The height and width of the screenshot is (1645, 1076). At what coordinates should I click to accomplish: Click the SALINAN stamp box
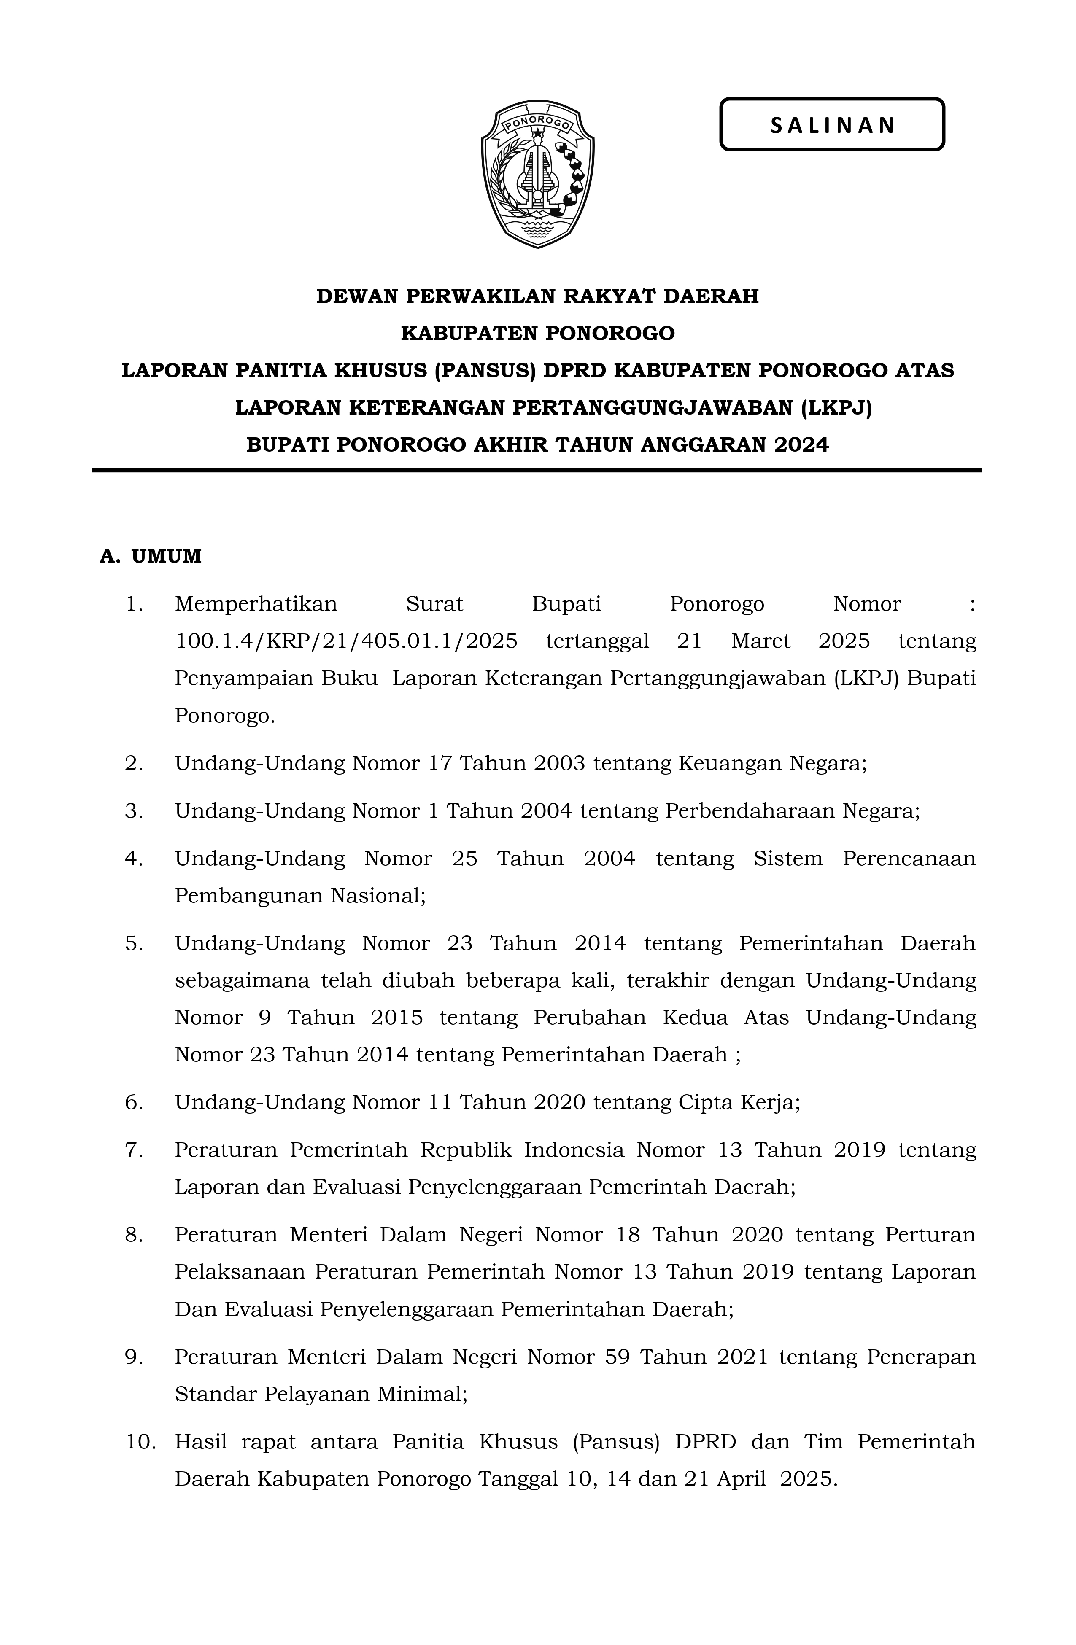click(x=832, y=124)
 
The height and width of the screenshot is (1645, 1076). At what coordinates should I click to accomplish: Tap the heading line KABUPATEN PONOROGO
click(x=537, y=334)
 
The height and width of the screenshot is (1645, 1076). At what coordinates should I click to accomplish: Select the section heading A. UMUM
click(x=151, y=556)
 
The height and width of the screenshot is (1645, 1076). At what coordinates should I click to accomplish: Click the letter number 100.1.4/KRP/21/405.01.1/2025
click(x=346, y=641)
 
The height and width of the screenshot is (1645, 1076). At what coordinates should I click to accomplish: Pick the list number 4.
click(x=133, y=859)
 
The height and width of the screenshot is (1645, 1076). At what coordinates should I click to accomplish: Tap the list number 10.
click(x=140, y=1443)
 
